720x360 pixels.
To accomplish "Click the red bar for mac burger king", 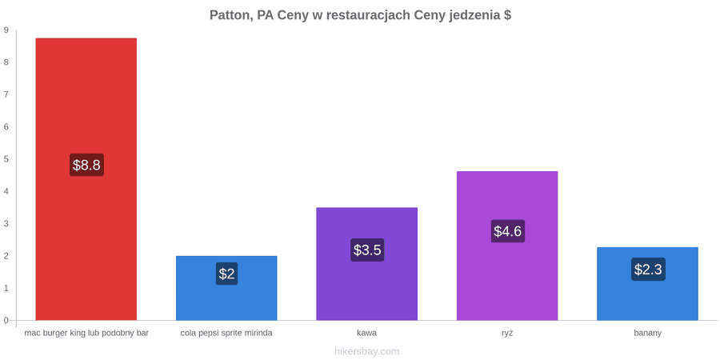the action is pyautogui.click(x=86, y=179).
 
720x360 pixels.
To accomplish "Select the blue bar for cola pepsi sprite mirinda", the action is pyautogui.click(x=226, y=288).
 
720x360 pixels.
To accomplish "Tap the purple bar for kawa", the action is pyautogui.click(x=367, y=264).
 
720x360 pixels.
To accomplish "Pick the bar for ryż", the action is pyautogui.click(x=507, y=246).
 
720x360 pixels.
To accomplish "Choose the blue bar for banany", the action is pyautogui.click(x=647, y=284).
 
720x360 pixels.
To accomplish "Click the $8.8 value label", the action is pyautogui.click(x=86, y=165).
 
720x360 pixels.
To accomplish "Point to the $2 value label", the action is pyautogui.click(x=226, y=274).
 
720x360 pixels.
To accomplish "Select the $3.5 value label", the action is pyautogui.click(x=367, y=250).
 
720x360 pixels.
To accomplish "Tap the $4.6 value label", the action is pyautogui.click(x=507, y=231).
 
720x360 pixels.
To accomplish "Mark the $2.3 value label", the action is pyautogui.click(x=648, y=269).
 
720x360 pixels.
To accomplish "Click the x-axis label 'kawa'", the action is pyautogui.click(x=367, y=333).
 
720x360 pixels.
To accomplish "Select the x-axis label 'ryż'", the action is pyautogui.click(x=507, y=334).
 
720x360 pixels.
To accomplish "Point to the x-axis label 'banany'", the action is pyautogui.click(x=648, y=334).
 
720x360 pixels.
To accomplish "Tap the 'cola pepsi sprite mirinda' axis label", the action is pyautogui.click(x=226, y=334).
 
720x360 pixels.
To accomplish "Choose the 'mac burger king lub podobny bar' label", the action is pyautogui.click(x=86, y=334).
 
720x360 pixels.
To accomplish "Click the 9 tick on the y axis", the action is pyautogui.click(x=6, y=30).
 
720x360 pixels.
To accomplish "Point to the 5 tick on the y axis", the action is pyautogui.click(x=6, y=159).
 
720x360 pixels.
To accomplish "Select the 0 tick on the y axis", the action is pyautogui.click(x=6, y=321).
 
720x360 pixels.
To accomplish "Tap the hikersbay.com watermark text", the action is pyautogui.click(x=367, y=352).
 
